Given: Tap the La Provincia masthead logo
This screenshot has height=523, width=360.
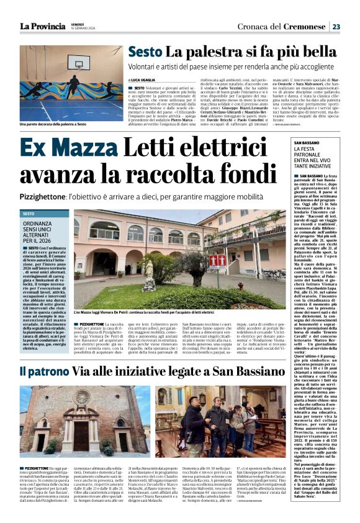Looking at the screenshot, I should click(x=42, y=26).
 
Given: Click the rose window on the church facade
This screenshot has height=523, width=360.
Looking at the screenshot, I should click(x=81, y=396).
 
